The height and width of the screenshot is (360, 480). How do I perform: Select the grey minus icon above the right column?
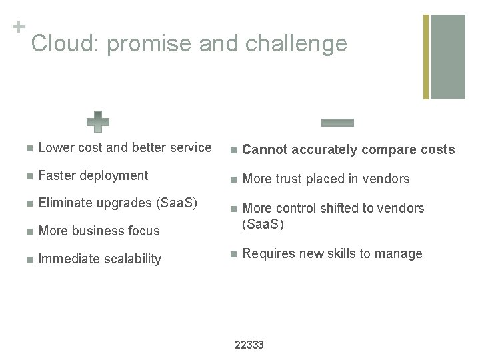(x=337, y=122)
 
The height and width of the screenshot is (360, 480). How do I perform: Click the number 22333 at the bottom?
(x=250, y=345)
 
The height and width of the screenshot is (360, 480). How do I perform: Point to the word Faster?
(x=58, y=175)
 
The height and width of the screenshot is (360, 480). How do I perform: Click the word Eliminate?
(x=65, y=203)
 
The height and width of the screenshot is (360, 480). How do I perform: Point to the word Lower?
(x=56, y=147)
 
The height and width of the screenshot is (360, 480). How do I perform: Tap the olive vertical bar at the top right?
(x=427, y=57)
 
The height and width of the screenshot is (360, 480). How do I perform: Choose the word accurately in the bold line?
(x=323, y=150)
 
